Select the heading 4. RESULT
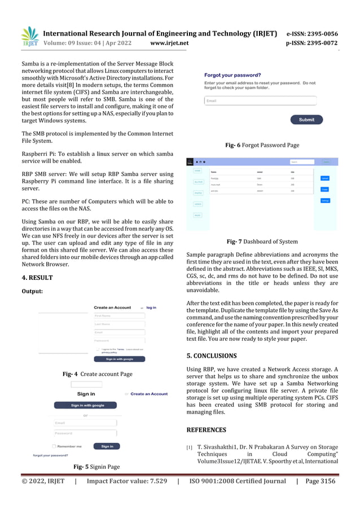tap(37, 278)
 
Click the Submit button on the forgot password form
tap(306, 120)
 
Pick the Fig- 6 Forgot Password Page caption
tap(262, 145)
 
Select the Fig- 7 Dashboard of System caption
tap(262, 242)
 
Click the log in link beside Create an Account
tap(151, 308)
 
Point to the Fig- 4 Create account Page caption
tap(97, 374)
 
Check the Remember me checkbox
tap(54, 446)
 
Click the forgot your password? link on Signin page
tap(51, 455)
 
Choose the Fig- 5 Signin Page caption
tap(96, 467)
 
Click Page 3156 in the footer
tap(320, 481)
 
